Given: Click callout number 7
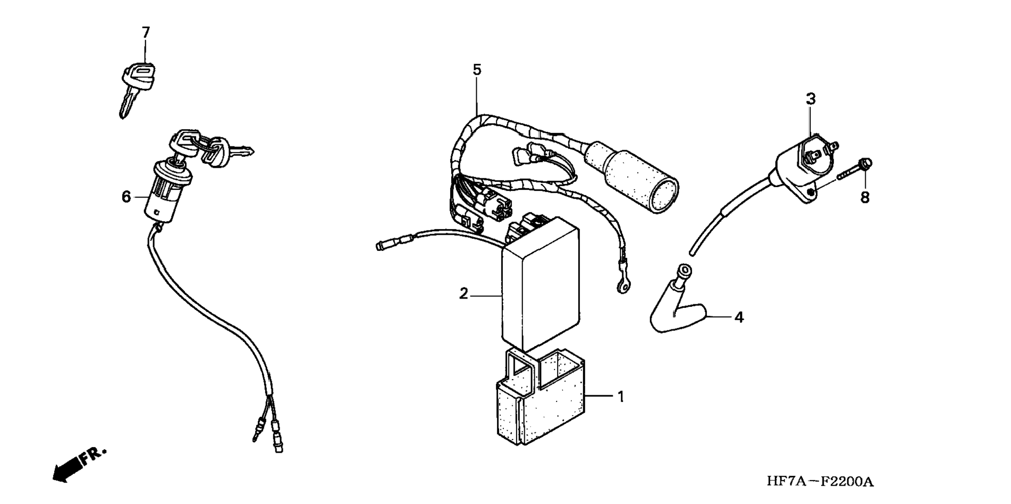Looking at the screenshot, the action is pyautogui.click(x=146, y=32).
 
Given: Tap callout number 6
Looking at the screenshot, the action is pyautogui.click(x=126, y=197).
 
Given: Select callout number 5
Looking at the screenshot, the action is pyautogui.click(x=477, y=70).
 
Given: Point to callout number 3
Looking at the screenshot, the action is pyautogui.click(x=810, y=99).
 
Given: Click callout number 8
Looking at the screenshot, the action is pyautogui.click(x=865, y=198).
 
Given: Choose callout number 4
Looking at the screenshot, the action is pyautogui.click(x=739, y=317).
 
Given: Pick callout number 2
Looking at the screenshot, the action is pyautogui.click(x=464, y=294).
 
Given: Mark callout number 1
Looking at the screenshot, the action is pyautogui.click(x=621, y=397).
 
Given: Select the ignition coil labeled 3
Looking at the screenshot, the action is pyautogui.click(x=800, y=162).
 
